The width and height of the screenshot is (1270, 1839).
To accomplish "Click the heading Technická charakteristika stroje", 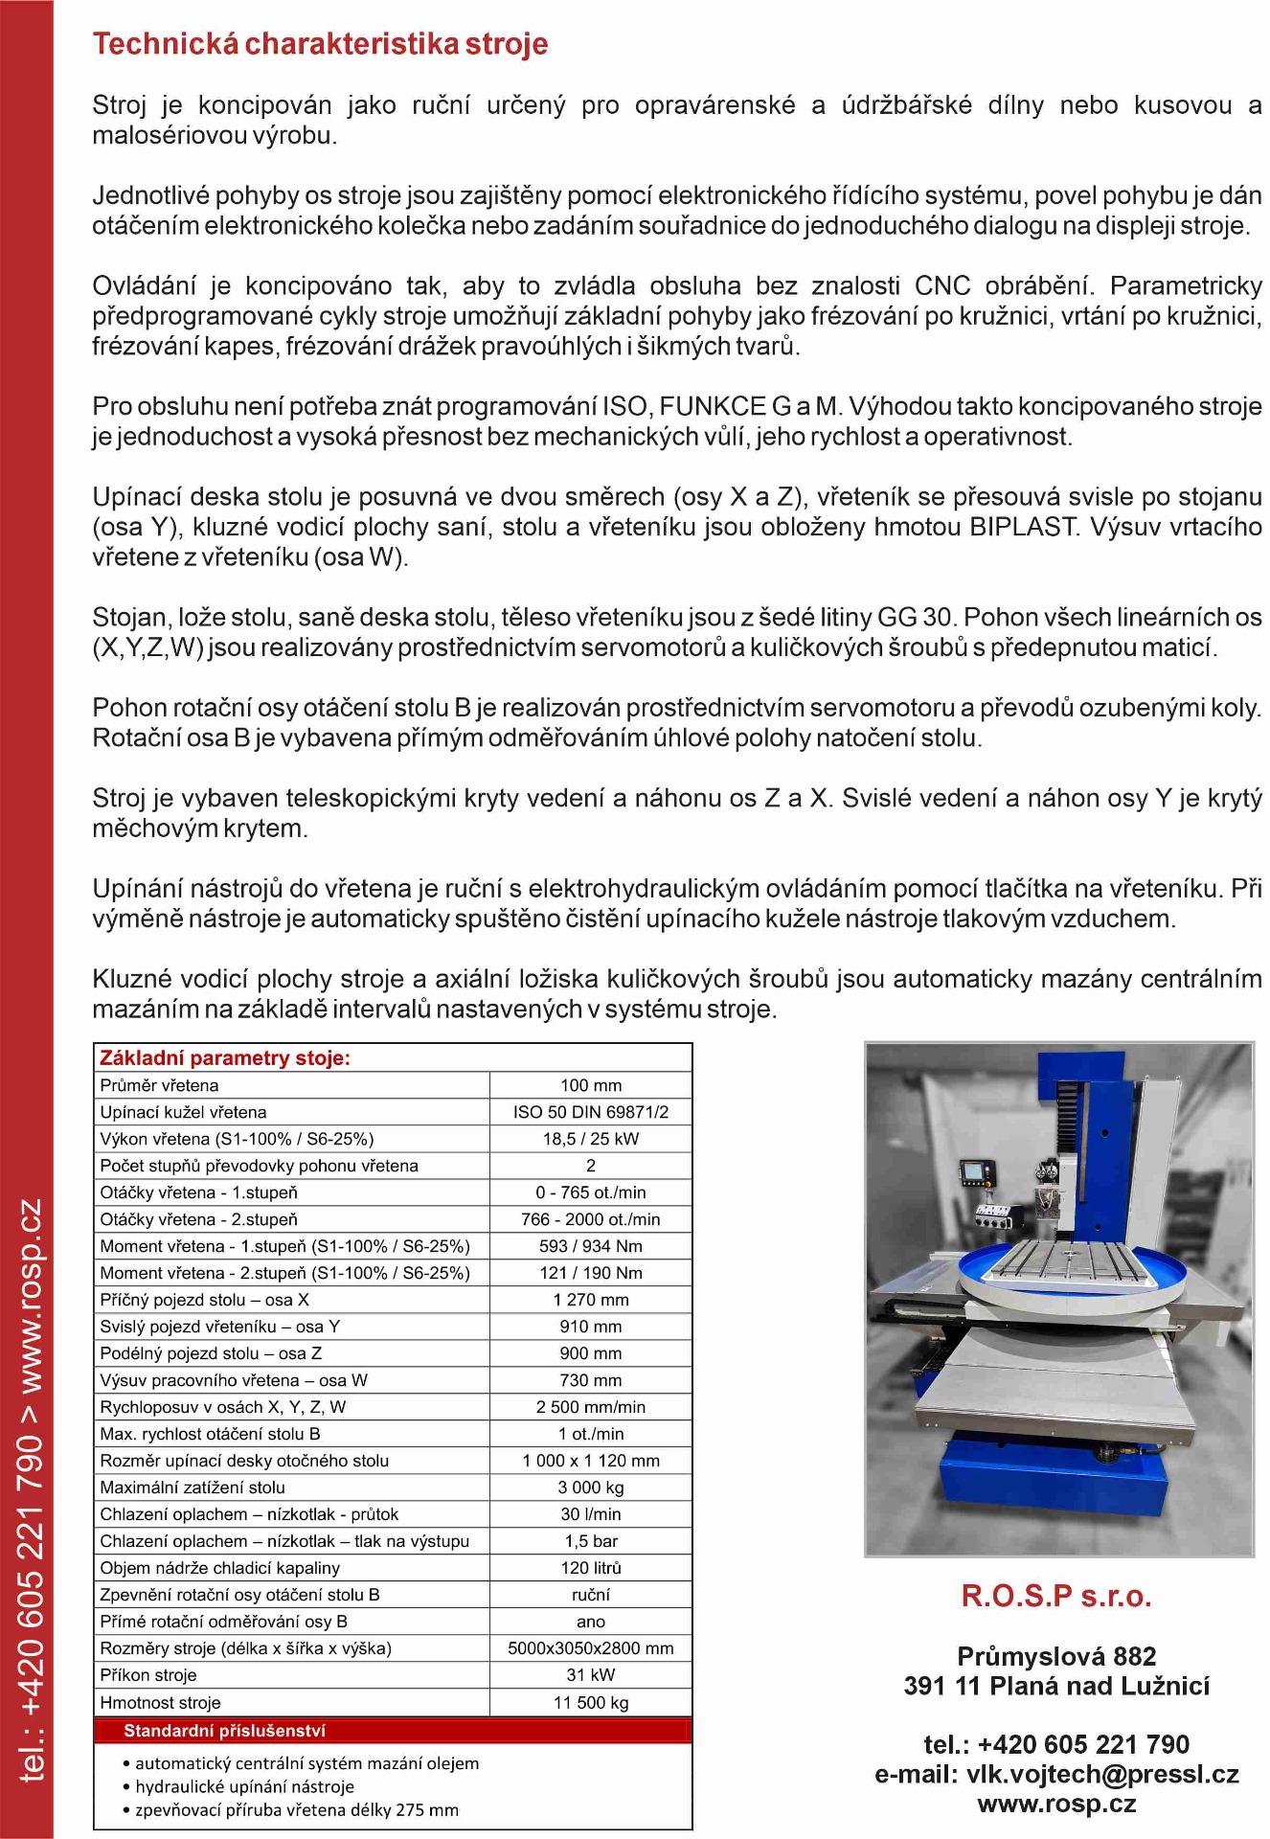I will (x=320, y=44).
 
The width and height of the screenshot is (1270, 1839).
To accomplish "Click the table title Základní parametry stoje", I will (x=225, y=1057).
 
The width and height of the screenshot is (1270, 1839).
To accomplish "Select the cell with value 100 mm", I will (x=590, y=1085).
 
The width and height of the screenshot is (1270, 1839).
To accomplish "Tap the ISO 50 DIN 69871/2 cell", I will (x=590, y=1112).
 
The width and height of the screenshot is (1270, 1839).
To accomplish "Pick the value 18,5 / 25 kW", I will (x=590, y=1139).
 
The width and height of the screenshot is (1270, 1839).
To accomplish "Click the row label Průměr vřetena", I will (x=159, y=1085).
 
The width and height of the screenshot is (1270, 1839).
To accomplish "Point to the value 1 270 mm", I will (x=590, y=1300).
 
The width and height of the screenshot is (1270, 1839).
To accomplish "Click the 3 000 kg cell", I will (x=590, y=1487).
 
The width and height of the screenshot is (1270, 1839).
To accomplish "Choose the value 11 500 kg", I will (x=590, y=1702).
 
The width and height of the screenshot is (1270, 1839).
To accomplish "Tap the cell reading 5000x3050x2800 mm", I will (x=590, y=1648).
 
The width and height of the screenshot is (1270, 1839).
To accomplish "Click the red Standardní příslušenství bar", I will (x=393, y=1730).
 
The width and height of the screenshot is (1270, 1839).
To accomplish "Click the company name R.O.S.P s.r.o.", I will (x=1056, y=1596).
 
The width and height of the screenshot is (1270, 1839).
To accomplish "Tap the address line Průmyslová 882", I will (x=1056, y=1656).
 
